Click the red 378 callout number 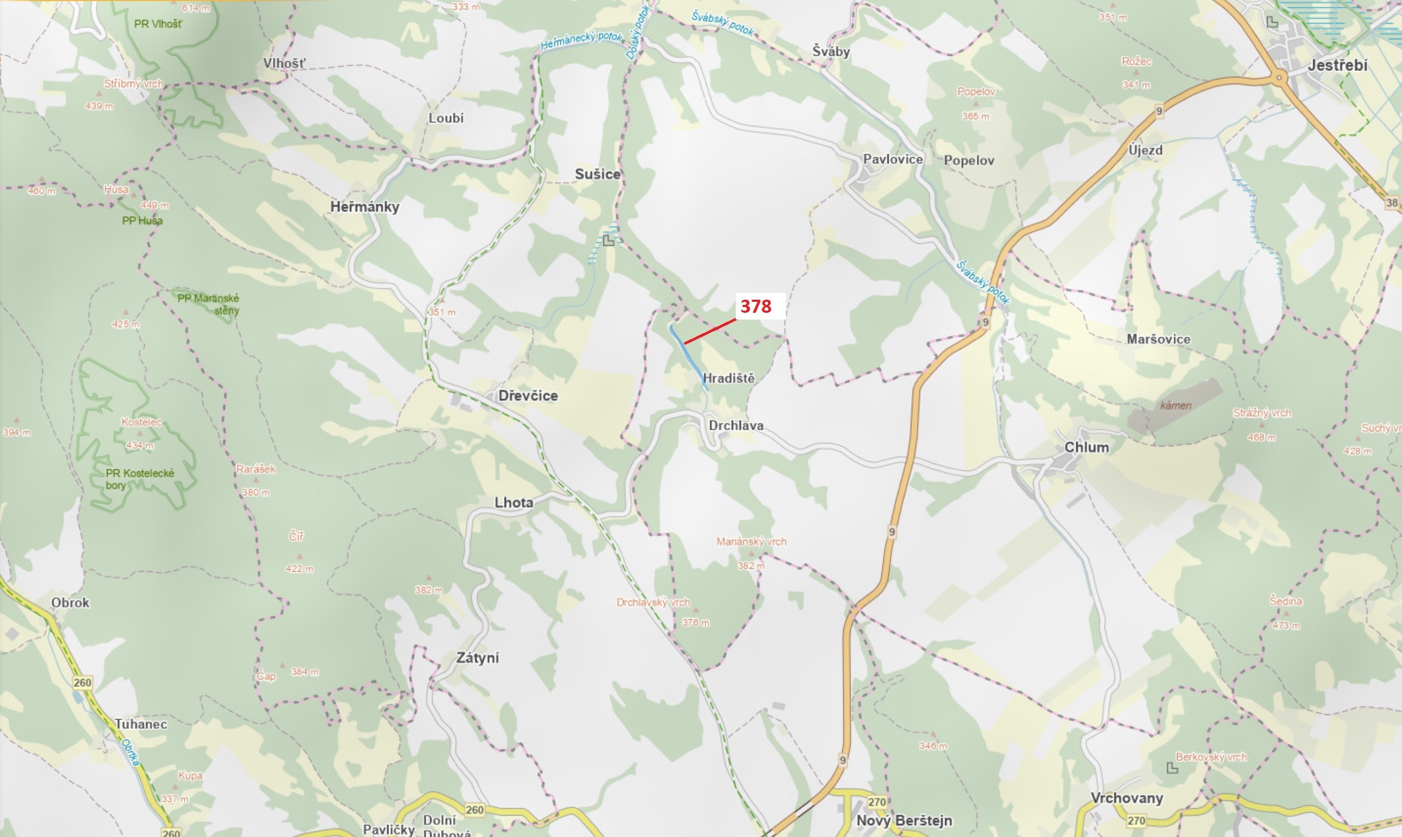(756, 306)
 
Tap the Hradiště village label (728, 378)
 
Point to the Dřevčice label (528, 395)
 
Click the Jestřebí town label (1337, 65)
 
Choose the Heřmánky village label (364, 206)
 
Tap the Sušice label (597, 174)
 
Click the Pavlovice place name (893, 159)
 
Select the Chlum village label (1086, 447)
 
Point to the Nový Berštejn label (904, 821)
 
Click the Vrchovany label (1127, 798)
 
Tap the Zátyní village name (478, 658)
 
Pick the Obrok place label (70, 603)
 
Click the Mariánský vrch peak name (751, 541)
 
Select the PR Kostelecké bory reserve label (139, 479)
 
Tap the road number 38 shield (1392, 203)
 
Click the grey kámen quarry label (1176, 405)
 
